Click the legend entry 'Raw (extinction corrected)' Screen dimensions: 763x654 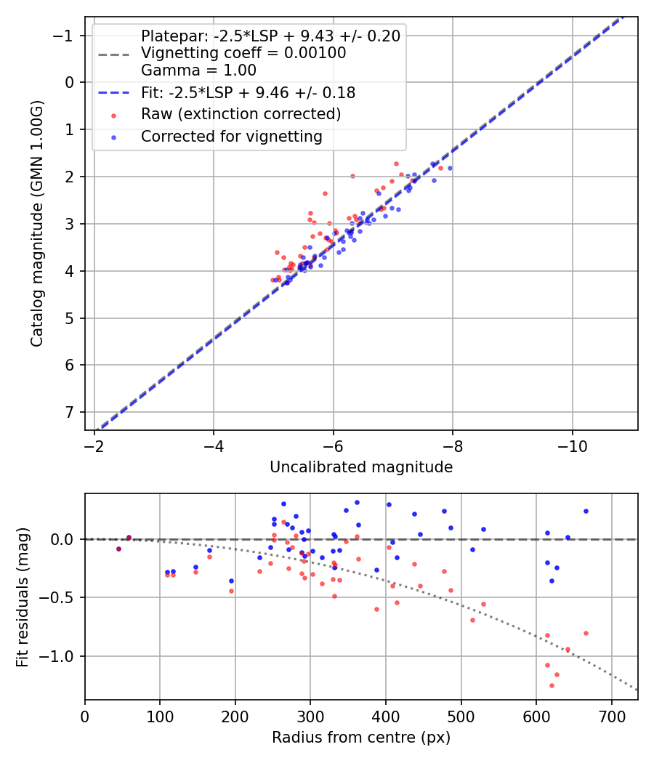(x=241, y=114)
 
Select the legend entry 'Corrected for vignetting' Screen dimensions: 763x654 (x=231, y=136)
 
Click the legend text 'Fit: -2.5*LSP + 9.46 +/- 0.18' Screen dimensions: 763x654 (x=248, y=93)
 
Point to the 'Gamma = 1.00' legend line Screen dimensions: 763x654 (x=198, y=70)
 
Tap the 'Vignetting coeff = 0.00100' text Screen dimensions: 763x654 (x=243, y=53)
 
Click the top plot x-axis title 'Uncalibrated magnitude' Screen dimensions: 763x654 (x=361, y=467)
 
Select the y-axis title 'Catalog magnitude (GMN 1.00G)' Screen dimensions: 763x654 (x=37, y=224)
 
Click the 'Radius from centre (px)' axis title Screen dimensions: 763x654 (x=361, y=738)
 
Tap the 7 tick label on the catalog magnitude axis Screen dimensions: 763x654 (x=70, y=413)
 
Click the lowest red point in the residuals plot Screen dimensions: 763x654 (x=552, y=685)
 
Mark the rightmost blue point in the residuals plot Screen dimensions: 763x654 (x=586, y=511)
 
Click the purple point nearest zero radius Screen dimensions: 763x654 (x=118, y=549)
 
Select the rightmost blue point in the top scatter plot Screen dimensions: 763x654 (x=450, y=168)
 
